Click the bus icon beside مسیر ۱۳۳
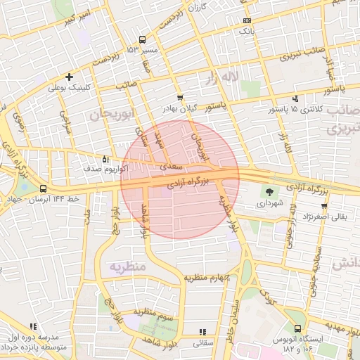tap(143, 39)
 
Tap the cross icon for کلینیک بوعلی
tap(69, 77)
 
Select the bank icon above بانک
tap(245, 20)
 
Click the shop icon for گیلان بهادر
tap(180, 98)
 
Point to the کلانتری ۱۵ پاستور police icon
tap(296, 99)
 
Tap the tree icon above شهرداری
tap(269, 191)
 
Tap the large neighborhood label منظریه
tap(127, 266)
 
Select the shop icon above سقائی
tap(203, 332)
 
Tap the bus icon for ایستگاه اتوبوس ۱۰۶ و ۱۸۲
tap(297, 328)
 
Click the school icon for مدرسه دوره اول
tap(33, 326)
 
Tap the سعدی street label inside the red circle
tap(172, 167)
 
